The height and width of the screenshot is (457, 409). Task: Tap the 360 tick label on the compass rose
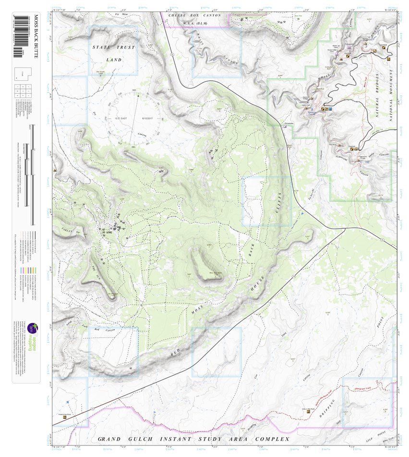(134, 90)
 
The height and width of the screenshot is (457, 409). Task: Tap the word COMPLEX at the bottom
(272, 439)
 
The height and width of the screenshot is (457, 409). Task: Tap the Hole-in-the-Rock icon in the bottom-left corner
(65, 417)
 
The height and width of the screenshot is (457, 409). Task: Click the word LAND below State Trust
(113, 60)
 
